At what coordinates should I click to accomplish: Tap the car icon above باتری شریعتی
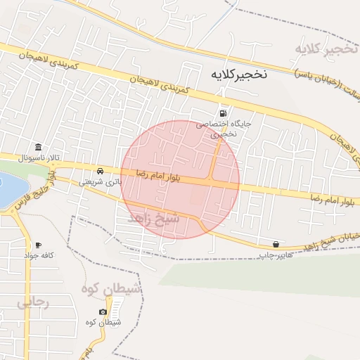click(x=101, y=172)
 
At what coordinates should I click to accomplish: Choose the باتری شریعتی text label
click(x=99, y=181)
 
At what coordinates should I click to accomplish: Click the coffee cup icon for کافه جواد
click(x=38, y=245)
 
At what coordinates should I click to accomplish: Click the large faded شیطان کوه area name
click(x=111, y=290)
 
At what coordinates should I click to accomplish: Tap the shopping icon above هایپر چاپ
click(x=276, y=244)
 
